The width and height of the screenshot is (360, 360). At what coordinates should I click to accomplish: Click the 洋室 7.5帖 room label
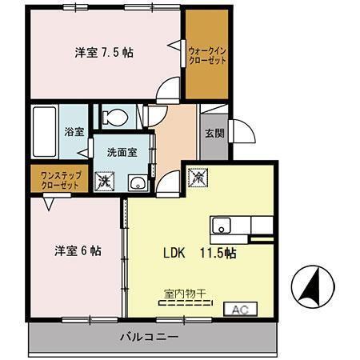tap(104, 53)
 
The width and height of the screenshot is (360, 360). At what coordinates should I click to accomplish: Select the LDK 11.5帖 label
tap(201, 252)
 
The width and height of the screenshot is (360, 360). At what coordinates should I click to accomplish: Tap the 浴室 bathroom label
tap(74, 131)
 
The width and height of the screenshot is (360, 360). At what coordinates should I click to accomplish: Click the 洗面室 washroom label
tap(117, 150)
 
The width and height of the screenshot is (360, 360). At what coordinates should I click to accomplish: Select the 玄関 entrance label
tap(214, 134)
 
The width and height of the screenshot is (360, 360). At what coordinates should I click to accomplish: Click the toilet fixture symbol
tap(114, 118)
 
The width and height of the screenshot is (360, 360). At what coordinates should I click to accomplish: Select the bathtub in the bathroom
tap(45, 131)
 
